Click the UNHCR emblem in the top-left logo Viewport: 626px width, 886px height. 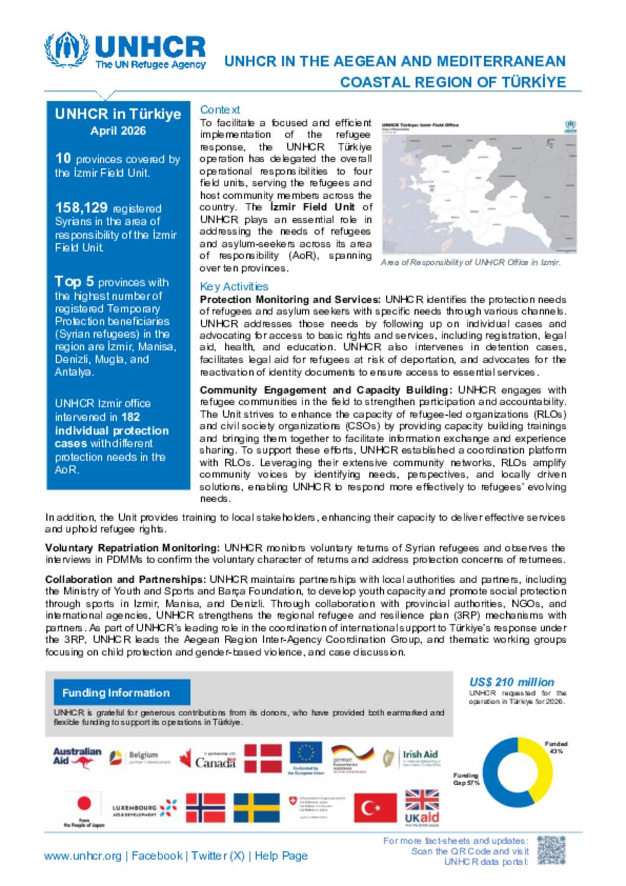(x=67, y=50)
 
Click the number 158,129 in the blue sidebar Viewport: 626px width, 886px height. (x=81, y=208)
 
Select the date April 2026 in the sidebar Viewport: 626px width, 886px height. (x=118, y=131)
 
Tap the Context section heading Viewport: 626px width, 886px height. (x=220, y=109)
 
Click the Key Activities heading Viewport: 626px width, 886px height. (x=234, y=286)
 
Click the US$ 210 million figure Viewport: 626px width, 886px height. (x=512, y=682)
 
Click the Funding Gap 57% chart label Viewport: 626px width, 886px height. (x=466, y=779)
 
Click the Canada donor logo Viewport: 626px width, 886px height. (x=208, y=759)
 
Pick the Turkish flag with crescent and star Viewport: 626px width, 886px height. (x=375, y=808)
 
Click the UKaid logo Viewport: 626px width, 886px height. (x=422, y=807)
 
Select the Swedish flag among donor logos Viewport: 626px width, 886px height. (x=257, y=808)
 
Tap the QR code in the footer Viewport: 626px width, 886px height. (x=551, y=851)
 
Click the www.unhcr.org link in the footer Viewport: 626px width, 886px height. (x=83, y=856)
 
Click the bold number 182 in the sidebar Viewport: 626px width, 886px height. (x=130, y=417)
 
